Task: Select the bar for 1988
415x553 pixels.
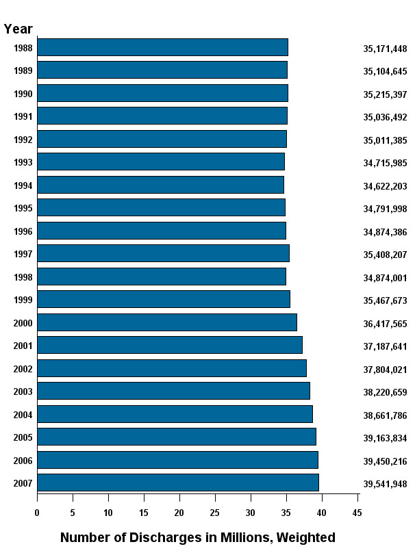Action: tap(162, 47)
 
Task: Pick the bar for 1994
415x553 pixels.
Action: tap(160, 185)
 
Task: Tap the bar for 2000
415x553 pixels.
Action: tap(166, 322)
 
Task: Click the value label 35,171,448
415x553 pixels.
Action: tap(385, 49)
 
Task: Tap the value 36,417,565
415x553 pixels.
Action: tap(385, 324)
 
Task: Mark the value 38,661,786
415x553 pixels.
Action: tap(385, 415)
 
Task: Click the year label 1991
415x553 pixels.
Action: tap(23, 117)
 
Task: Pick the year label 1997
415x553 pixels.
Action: tap(23, 255)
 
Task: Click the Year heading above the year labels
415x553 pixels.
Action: tap(18, 29)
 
